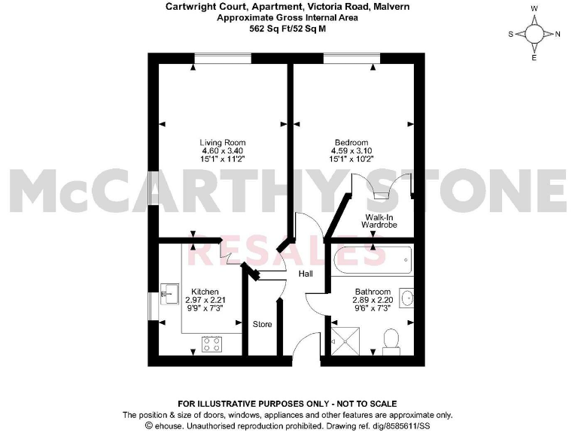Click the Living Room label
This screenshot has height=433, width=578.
tap(222, 142)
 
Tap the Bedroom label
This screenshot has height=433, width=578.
tap(351, 142)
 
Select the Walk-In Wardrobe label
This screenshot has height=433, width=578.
tap(374, 220)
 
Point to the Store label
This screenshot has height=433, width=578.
tap(263, 324)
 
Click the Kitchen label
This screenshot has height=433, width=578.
tap(205, 292)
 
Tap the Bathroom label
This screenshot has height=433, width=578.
tap(373, 292)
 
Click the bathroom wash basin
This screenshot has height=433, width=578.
tap(407, 298)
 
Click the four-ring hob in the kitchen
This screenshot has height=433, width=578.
tap(212, 344)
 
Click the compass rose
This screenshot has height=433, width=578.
tap(534, 34)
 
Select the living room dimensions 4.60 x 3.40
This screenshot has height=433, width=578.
tap(222, 151)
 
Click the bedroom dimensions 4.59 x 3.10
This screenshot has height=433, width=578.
tap(351, 151)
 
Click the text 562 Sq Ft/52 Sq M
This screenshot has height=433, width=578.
tap(288, 30)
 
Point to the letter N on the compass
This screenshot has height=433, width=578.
tap(557, 34)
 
